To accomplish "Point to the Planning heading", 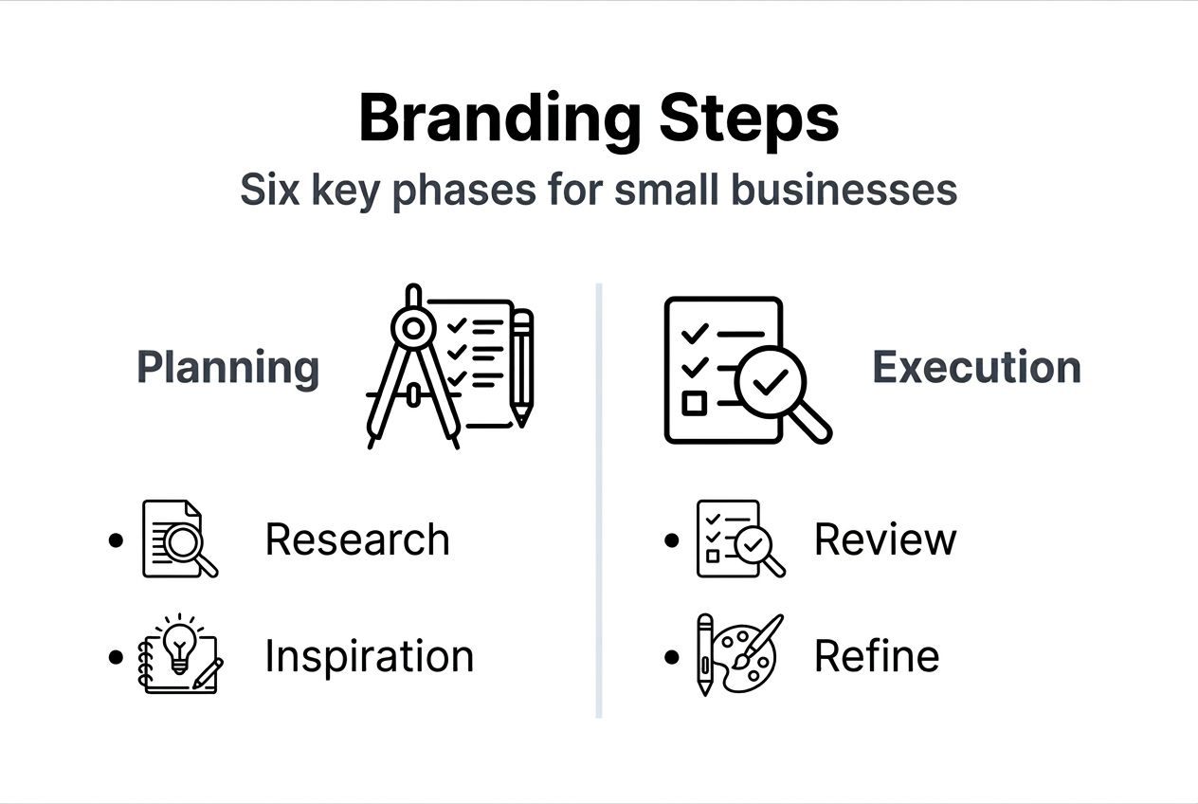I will point(228,368).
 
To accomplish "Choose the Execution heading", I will point(976,368).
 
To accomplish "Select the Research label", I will point(357,539).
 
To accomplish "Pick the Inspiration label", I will point(369,656).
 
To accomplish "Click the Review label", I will point(885,539).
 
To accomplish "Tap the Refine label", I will point(877,656).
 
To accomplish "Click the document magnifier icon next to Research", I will point(179,539).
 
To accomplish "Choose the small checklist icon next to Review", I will point(739,539).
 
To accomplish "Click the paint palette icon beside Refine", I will point(749,654).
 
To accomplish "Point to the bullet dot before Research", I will point(116,540).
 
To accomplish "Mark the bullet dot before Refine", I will point(672,656).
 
